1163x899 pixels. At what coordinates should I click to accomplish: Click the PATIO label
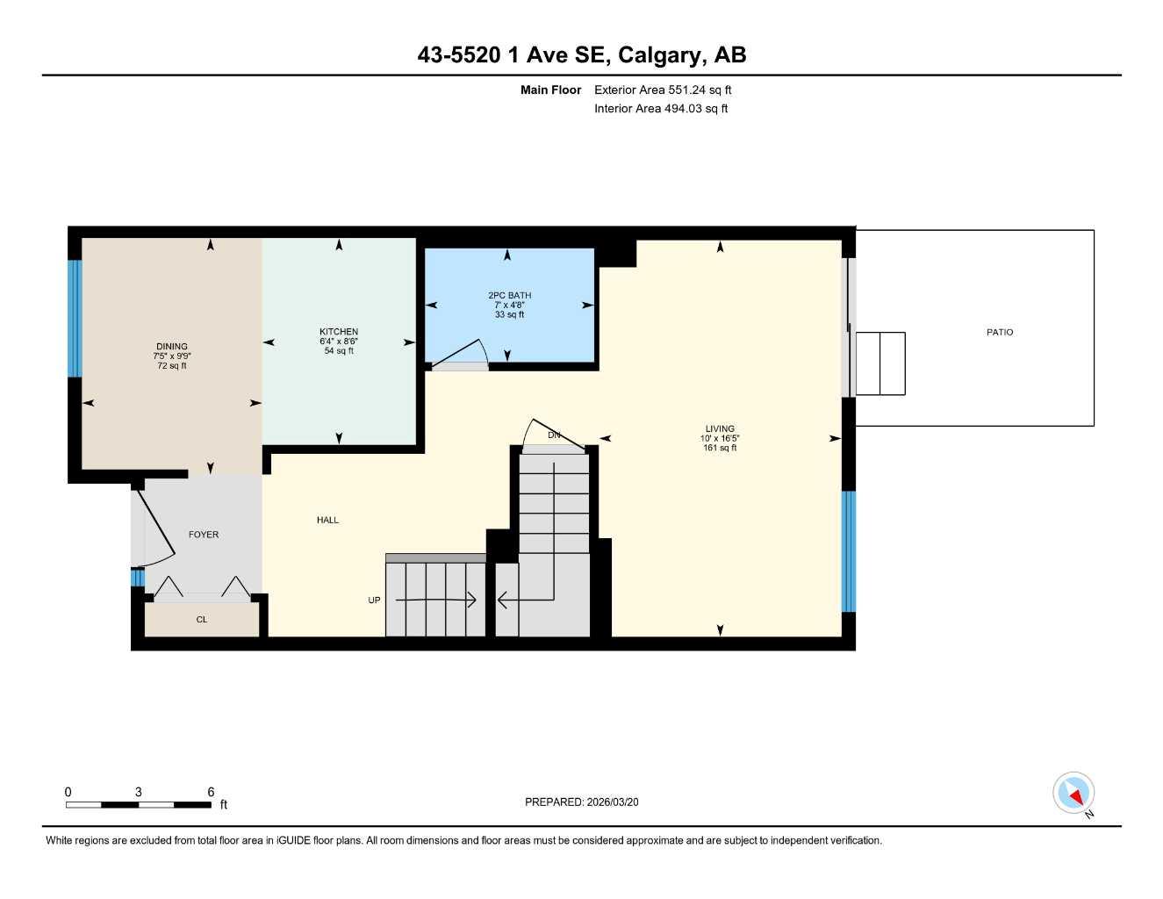point(999,332)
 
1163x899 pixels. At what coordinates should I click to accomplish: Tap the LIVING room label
point(719,428)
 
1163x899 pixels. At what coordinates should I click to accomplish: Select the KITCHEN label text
point(339,332)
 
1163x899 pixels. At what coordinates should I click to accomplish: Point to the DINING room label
point(172,347)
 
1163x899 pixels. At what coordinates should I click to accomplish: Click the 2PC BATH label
point(509,296)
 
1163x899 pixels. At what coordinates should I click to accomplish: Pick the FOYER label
point(204,535)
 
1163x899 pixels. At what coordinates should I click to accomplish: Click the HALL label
point(327,520)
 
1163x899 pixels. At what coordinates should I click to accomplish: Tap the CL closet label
point(202,620)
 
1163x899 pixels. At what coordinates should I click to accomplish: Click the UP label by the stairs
point(374,601)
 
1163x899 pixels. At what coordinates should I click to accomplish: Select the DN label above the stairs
point(554,435)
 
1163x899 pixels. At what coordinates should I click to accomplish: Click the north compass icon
point(1073,794)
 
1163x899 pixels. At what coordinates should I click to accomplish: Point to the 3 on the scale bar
point(138,792)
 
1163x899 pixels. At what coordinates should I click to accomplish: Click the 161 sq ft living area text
point(719,448)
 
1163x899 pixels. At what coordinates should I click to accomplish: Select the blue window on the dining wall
point(75,318)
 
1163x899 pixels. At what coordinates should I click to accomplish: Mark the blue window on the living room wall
point(848,550)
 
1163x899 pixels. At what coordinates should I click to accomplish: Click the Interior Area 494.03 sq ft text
point(661,109)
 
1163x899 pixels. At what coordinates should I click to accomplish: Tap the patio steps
point(879,363)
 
